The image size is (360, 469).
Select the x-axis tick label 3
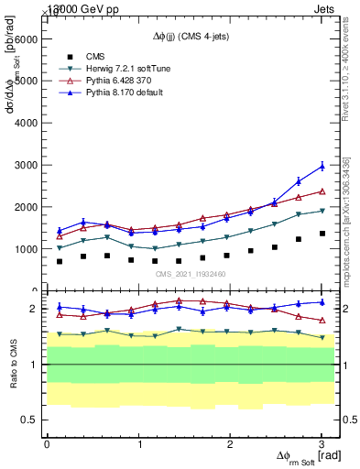pos(322,443)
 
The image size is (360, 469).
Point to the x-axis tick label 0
pos(47,443)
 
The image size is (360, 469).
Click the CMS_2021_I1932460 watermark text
pos(190,274)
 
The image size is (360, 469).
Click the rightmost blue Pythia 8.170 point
pos(322,166)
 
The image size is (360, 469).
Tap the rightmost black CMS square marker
pos(322,234)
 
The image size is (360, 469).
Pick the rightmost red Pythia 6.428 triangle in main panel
pos(322,191)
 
